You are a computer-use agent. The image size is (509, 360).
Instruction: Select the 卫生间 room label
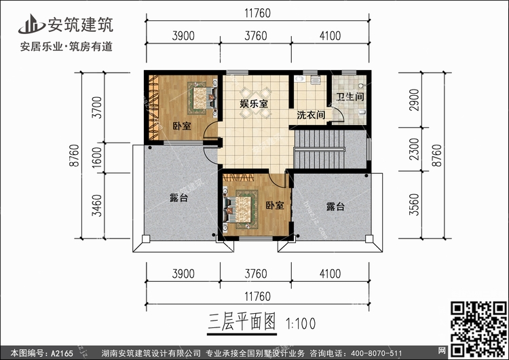[350, 97]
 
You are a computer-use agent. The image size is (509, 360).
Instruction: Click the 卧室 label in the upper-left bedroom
[182, 126]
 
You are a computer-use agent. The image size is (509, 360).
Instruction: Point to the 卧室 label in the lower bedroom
[274, 205]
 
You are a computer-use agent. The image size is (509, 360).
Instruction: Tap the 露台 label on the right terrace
[335, 206]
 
